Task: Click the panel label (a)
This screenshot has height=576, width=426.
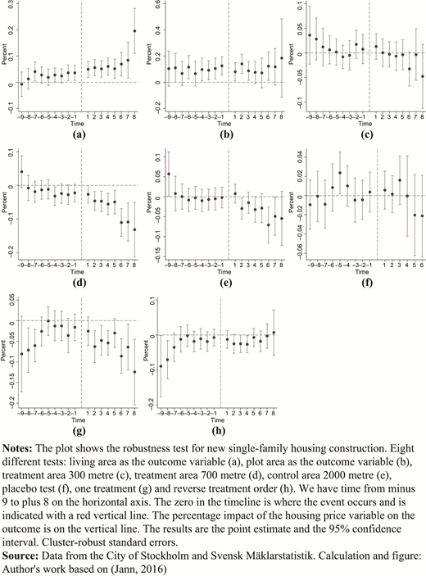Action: (x=79, y=134)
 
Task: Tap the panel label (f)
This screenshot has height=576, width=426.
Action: (x=366, y=283)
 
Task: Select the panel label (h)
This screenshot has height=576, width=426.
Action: (x=219, y=430)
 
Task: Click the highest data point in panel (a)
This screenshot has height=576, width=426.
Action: (x=134, y=31)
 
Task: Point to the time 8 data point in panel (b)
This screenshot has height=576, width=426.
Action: (x=282, y=58)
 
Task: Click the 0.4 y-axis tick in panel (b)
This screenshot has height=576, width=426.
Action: (x=148, y=29)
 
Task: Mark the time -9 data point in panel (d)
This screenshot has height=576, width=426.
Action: (x=21, y=171)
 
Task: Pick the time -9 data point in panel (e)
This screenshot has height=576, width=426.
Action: (x=169, y=175)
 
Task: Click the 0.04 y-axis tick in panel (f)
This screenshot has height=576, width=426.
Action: (x=290, y=156)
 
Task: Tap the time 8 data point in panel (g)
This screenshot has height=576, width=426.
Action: (x=134, y=372)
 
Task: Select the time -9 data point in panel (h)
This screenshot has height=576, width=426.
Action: (x=161, y=366)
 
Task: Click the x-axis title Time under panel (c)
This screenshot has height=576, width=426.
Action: (x=365, y=124)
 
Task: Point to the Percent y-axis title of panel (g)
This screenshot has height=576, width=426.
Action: (x=3, y=351)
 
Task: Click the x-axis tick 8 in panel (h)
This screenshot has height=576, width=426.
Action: (x=274, y=414)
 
